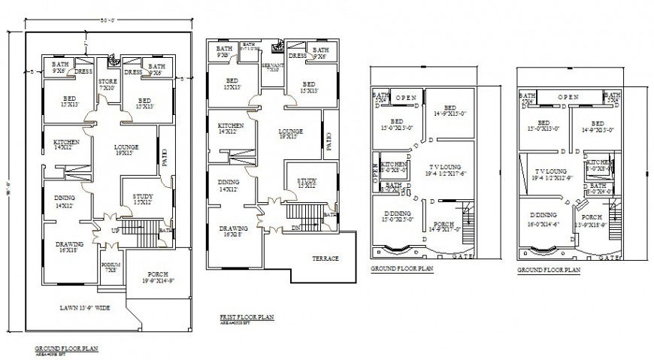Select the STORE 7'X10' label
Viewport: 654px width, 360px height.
click(107, 85)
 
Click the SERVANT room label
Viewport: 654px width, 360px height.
click(273, 68)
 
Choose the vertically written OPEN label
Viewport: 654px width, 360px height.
click(375, 169)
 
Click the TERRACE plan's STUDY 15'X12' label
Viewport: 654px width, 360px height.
click(306, 183)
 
